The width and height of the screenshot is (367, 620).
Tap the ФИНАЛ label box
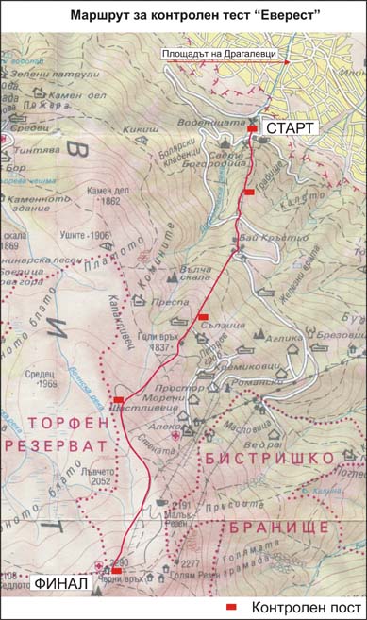point(61,583)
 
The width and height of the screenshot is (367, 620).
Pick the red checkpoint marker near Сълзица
point(203,316)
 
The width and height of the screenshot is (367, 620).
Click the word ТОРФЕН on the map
point(61,422)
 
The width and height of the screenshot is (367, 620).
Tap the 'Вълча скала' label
point(196,274)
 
